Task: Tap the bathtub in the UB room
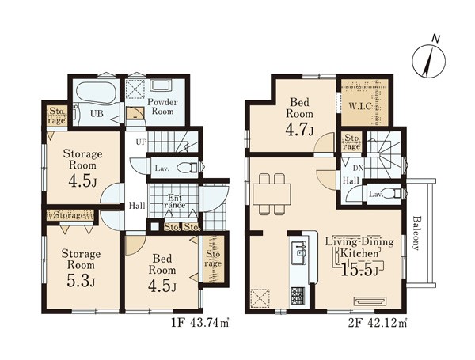click(96, 92)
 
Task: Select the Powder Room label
click(162, 106)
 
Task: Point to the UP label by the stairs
click(141, 142)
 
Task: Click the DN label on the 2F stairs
click(358, 168)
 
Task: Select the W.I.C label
click(360, 106)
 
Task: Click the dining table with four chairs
click(272, 194)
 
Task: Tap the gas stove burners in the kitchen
click(298, 295)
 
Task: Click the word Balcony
click(416, 233)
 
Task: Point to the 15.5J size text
click(359, 270)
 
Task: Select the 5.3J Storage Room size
click(81, 282)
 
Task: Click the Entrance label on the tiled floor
click(177, 202)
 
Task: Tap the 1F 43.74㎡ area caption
click(200, 324)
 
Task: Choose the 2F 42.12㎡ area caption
click(378, 324)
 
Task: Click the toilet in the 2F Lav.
click(390, 193)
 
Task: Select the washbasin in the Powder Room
click(161, 85)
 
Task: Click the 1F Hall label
click(137, 206)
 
